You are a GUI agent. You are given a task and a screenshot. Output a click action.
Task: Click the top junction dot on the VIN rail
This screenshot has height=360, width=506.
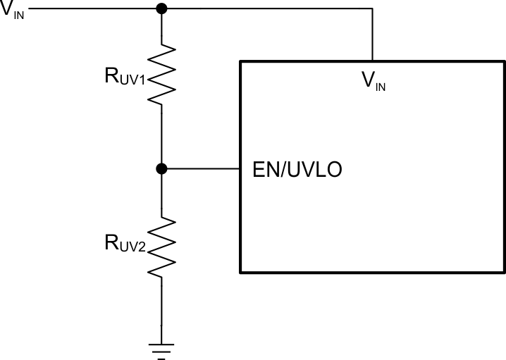tap(161, 8)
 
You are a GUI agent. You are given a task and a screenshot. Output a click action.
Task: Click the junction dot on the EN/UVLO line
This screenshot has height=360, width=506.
tap(161, 168)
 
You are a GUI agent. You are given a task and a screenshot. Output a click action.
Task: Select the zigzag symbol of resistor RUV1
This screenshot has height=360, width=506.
tap(161, 75)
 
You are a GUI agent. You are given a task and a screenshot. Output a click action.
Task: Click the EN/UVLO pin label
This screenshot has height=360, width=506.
tap(297, 170)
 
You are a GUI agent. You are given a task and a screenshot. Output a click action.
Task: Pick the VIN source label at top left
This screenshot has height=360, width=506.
tap(13, 10)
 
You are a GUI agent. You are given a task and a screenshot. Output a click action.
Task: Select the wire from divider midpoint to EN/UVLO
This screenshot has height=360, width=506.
tap(201, 168)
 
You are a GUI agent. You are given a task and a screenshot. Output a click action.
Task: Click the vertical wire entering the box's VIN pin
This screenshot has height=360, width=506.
tap(372, 35)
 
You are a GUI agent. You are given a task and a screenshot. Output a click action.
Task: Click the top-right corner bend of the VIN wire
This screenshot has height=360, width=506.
tap(372, 8)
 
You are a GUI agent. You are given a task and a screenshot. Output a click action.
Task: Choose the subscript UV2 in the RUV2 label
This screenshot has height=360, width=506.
tap(134, 247)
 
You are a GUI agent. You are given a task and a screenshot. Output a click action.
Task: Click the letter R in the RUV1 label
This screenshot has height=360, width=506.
tap(112, 75)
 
